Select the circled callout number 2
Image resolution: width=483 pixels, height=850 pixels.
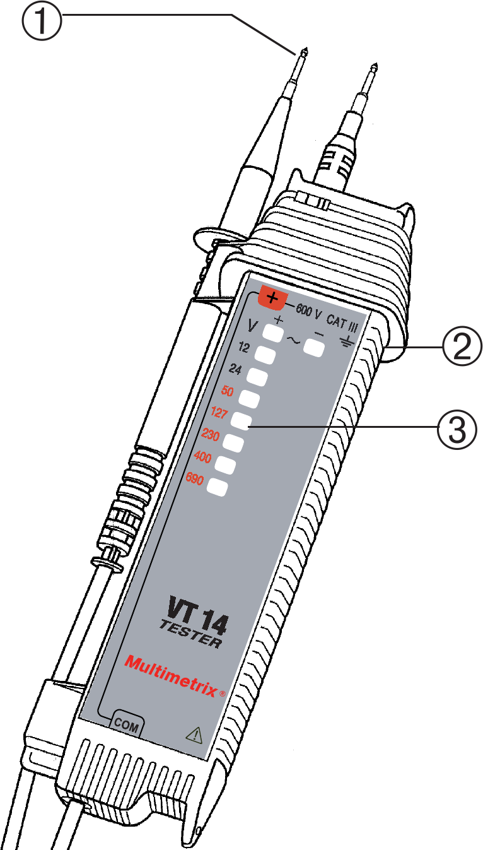coord(462,346)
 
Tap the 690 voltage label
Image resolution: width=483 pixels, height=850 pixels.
coord(195,480)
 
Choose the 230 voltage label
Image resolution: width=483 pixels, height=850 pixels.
coord(211,435)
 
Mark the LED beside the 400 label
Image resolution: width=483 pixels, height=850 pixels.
coord(225,464)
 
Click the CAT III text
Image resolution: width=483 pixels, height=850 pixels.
coord(341,324)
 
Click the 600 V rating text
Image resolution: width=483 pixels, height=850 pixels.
coord(309,312)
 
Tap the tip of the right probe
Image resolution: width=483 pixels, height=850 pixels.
coord(373,66)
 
